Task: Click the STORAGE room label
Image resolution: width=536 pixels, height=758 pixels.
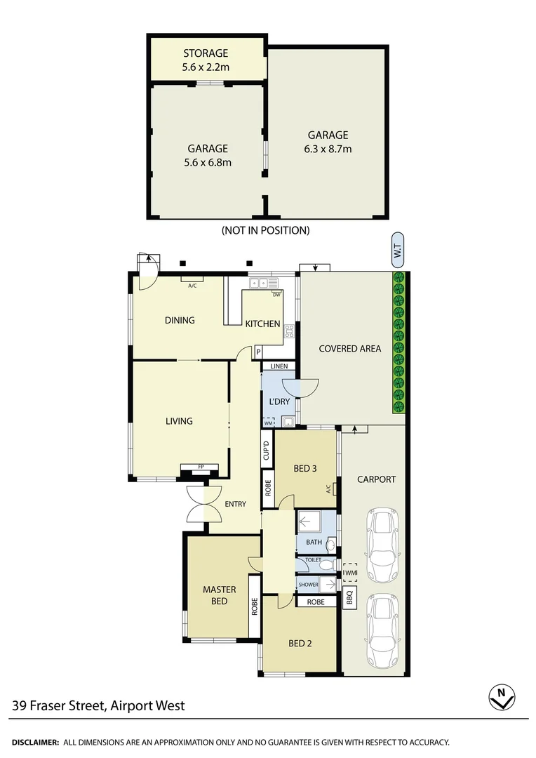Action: [206, 53]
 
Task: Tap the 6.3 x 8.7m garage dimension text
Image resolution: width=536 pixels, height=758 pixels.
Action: [328, 149]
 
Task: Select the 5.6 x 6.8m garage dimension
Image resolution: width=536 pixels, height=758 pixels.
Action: [207, 162]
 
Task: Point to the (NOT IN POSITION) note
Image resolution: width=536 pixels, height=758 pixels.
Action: [265, 230]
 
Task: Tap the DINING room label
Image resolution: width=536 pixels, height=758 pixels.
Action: [180, 320]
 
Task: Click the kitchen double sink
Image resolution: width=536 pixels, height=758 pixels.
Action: [258, 284]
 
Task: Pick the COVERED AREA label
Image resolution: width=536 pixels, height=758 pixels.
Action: [349, 348]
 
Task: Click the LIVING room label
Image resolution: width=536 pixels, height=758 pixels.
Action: [179, 421]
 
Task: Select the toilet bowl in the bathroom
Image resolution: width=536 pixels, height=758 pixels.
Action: [331, 543]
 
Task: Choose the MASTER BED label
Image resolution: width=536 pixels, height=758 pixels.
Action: [220, 595]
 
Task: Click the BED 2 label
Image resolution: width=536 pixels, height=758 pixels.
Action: [300, 643]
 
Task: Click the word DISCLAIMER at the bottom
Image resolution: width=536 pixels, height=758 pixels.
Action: [34, 742]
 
